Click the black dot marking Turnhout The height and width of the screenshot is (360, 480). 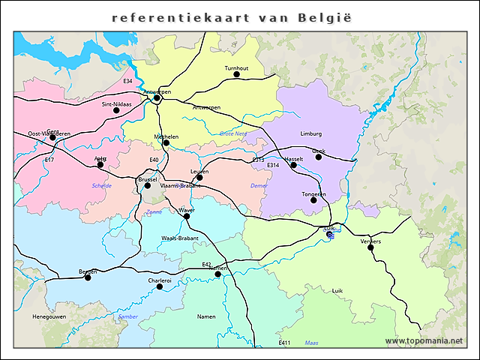click(x=236, y=74)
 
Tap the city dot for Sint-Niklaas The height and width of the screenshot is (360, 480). click(x=116, y=110)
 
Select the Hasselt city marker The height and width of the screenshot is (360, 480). click(x=293, y=165)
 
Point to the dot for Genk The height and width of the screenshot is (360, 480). click(x=318, y=157)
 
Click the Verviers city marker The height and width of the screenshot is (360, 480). click(x=370, y=247)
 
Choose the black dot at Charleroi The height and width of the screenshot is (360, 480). click(x=159, y=286)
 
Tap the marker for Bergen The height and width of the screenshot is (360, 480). click(x=88, y=277)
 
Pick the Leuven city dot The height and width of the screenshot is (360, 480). click(x=199, y=178)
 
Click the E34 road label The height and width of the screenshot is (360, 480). click(x=127, y=81)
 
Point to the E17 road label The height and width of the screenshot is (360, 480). click(x=49, y=160)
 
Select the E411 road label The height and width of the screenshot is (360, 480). click(x=284, y=343)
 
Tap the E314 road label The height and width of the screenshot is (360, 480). click(x=273, y=165)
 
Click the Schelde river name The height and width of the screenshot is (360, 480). click(x=101, y=185)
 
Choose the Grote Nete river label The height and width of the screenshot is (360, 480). click(x=232, y=133)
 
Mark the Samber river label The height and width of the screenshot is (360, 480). click(x=128, y=317)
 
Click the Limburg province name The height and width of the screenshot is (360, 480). click(x=310, y=133)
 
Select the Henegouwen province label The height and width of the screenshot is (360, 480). click(x=49, y=317)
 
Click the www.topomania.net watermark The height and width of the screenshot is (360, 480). click(x=424, y=341)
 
